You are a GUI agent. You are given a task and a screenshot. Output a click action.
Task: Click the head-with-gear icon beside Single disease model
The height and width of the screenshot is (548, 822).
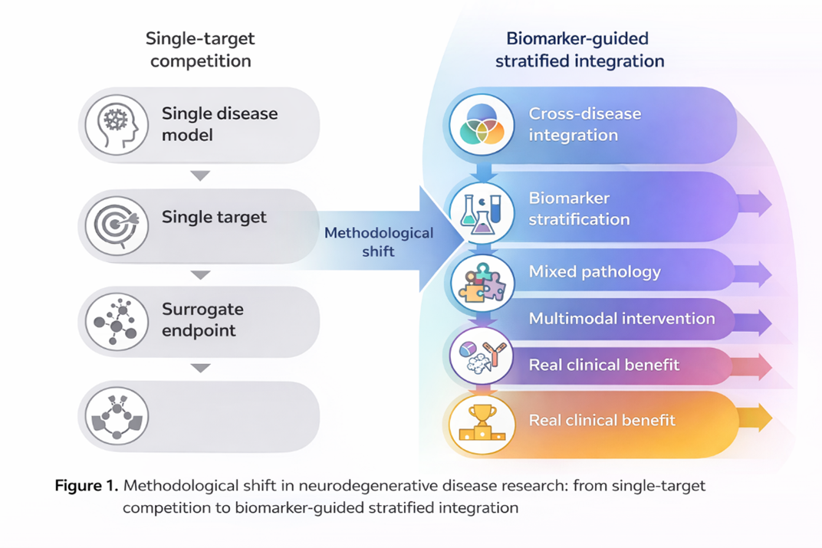(117, 125)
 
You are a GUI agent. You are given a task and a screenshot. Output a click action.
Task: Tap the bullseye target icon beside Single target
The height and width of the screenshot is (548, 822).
(117, 225)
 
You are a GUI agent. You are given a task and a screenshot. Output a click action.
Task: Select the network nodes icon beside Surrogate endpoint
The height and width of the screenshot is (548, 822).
(117, 321)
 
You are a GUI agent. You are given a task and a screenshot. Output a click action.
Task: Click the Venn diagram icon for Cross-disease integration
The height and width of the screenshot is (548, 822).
(481, 125)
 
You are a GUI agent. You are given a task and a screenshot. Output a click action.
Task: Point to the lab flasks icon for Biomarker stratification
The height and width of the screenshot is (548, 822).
(481, 212)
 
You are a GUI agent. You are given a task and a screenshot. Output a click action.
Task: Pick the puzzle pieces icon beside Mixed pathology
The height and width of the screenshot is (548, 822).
(481, 283)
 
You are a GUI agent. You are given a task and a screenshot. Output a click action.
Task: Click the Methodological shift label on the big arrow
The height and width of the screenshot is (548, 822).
(379, 241)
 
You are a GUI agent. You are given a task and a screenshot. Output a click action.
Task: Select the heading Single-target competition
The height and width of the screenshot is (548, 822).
(200, 49)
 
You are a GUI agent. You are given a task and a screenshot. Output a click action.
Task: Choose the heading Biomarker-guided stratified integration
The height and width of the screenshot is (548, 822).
(579, 49)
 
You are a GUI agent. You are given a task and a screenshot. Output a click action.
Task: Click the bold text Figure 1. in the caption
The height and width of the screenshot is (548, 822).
(86, 485)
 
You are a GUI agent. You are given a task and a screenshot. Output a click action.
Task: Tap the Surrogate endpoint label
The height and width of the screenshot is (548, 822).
(202, 320)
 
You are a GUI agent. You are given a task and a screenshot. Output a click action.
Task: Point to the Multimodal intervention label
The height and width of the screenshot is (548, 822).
(622, 318)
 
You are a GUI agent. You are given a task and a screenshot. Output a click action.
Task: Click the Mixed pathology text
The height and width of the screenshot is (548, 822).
(595, 271)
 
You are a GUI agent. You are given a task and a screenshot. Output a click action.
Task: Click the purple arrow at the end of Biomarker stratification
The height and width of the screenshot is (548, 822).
(755, 204)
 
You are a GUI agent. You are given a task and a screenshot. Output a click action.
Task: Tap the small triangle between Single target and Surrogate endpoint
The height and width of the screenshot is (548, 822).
(200, 274)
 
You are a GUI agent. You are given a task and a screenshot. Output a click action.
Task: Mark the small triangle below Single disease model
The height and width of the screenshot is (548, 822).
(200, 176)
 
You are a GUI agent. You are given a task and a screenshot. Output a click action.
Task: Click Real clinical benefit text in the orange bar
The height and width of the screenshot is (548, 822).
(602, 420)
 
